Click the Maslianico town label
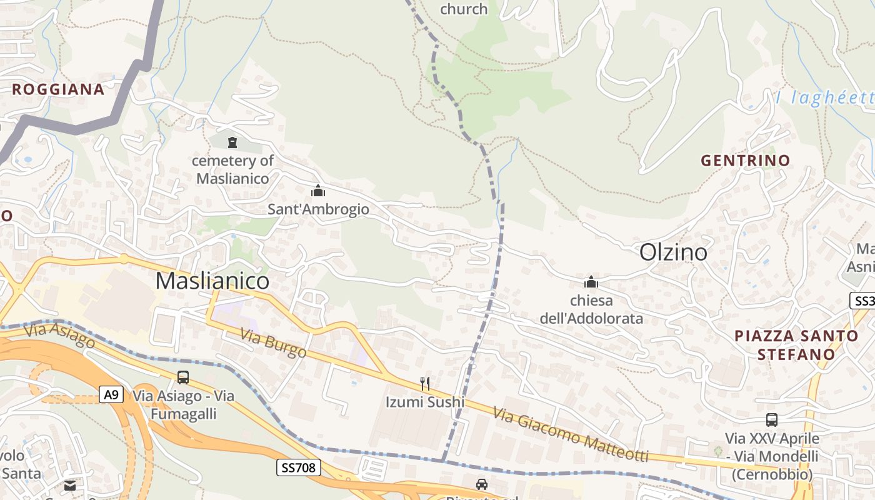(212, 281)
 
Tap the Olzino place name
(673, 252)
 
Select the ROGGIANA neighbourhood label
(58, 89)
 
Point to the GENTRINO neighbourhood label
(745, 161)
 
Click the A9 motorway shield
(111, 394)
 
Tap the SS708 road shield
(298, 467)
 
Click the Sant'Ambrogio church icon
(318, 191)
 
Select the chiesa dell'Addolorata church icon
(591, 282)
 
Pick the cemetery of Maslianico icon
(232, 142)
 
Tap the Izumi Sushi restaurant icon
(425, 383)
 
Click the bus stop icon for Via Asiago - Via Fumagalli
(183, 377)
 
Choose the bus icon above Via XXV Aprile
(772, 420)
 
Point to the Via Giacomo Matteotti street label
(570, 435)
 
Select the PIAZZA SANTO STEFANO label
(796, 345)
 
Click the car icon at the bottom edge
(481, 484)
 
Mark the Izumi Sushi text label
(425, 402)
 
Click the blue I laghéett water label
(824, 98)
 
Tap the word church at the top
(464, 9)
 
